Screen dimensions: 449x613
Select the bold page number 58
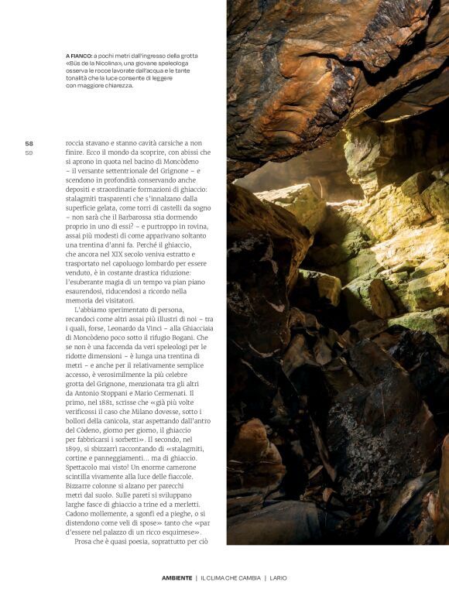coord(29,143)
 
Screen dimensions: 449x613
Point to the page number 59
coord(29,152)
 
